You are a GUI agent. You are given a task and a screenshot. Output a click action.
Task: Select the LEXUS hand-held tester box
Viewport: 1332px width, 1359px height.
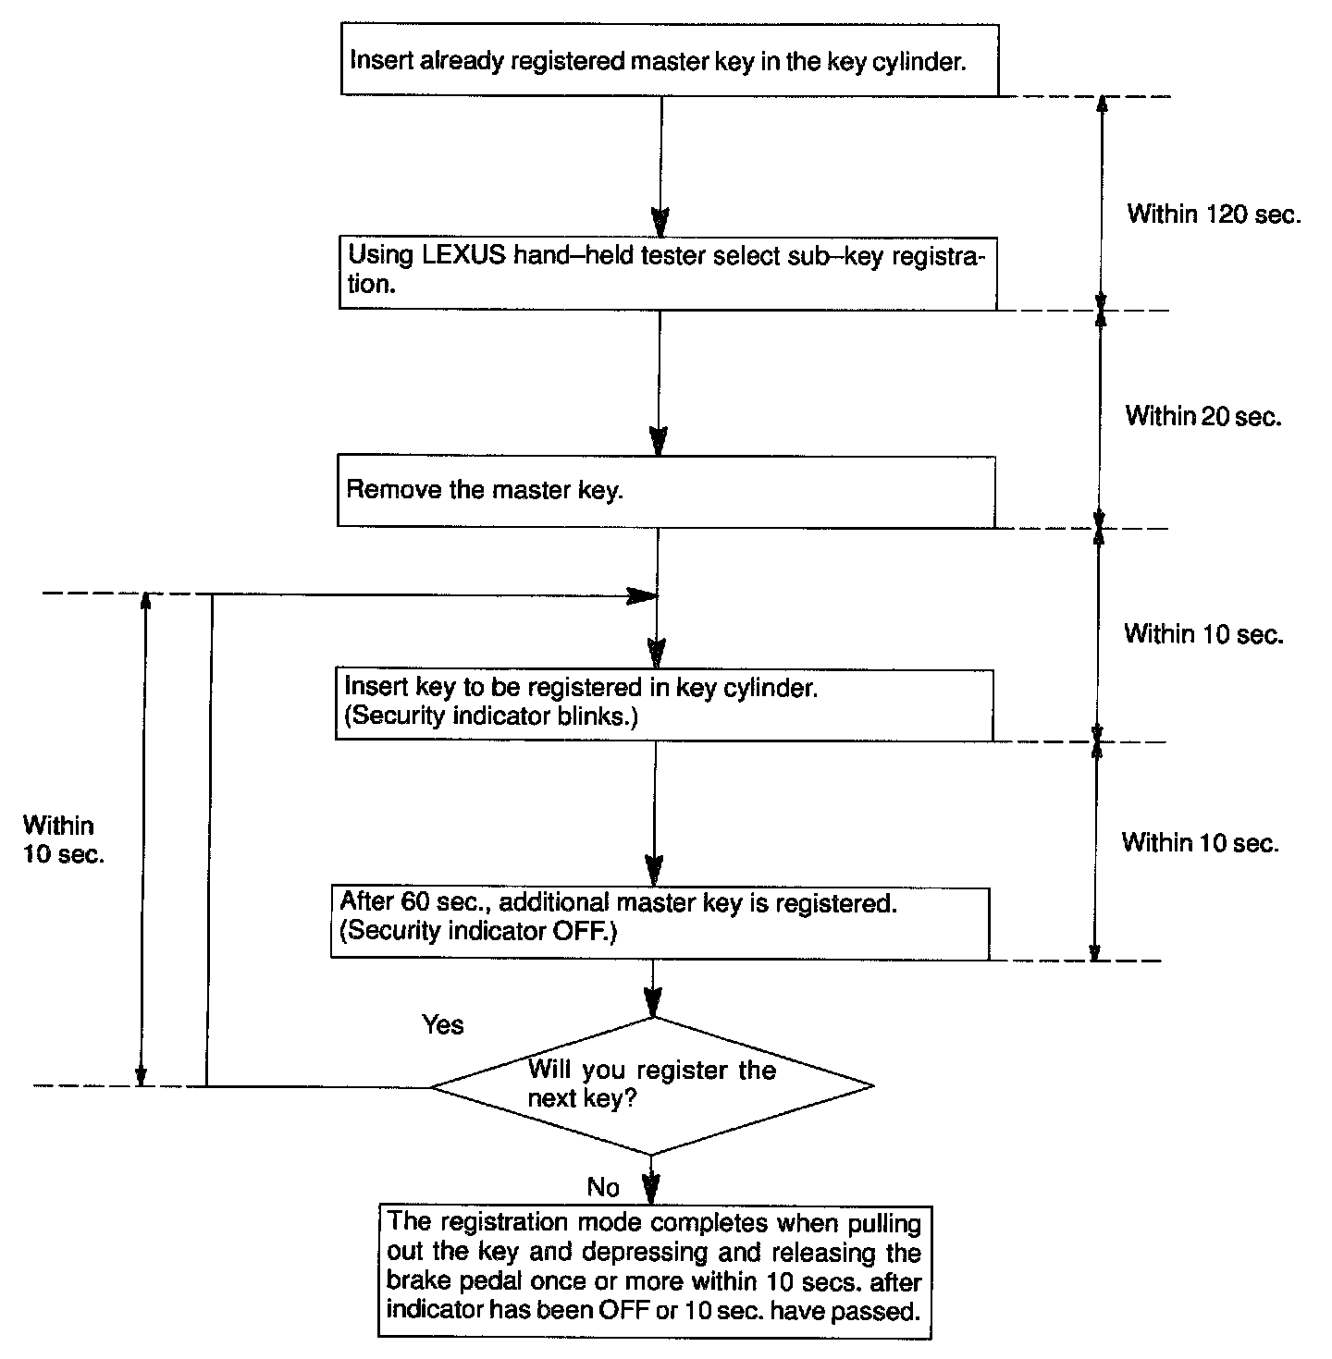666,271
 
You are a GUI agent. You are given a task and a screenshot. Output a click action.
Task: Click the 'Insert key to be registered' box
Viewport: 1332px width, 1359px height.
662,704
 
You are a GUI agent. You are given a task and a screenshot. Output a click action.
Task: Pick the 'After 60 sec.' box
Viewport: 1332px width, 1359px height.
660,923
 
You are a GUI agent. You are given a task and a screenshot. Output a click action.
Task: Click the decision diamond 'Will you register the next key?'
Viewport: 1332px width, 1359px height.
652,1085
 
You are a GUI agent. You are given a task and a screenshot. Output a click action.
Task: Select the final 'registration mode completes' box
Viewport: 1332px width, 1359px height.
654,1271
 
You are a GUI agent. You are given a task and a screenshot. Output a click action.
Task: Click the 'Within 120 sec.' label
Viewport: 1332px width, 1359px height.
1214,214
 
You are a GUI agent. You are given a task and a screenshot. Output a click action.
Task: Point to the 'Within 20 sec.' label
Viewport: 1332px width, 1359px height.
1202,416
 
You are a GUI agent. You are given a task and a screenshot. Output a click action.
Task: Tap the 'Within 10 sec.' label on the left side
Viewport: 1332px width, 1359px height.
63,839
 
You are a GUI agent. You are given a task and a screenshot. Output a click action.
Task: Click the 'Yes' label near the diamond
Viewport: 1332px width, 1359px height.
443,1024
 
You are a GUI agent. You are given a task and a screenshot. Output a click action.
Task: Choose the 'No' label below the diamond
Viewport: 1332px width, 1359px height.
603,1186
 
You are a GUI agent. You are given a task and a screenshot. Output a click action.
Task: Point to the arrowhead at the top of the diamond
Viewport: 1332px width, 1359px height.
653,1003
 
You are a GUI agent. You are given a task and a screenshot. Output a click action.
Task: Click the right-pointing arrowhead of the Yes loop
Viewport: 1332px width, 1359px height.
642,596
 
